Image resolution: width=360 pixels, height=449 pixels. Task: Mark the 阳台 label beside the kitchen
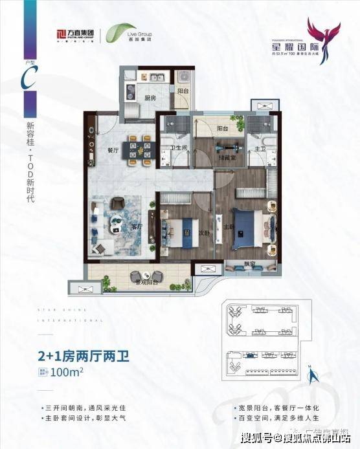click(x=182, y=91)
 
